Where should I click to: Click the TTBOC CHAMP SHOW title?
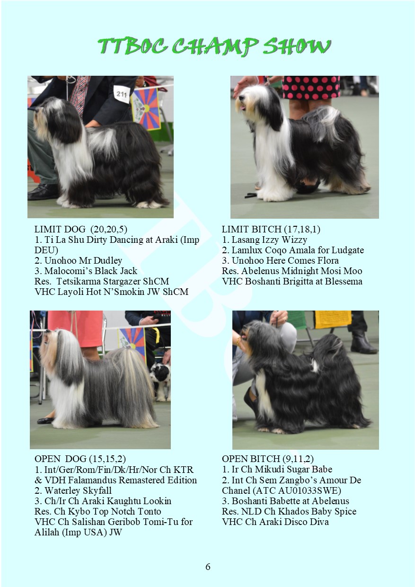point(214,47)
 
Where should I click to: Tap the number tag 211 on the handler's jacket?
point(122,94)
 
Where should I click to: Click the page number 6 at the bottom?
point(208,567)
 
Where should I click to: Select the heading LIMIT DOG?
point(60,229)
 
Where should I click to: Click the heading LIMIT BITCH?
point(252,229)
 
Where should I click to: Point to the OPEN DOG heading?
point(60,459)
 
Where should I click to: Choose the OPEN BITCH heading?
point(251,459)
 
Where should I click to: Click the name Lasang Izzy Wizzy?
point(269,240)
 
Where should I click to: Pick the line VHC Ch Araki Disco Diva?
point(275,522)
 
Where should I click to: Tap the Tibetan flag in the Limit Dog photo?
point(146,108)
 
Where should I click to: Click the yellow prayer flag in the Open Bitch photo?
point(333,320)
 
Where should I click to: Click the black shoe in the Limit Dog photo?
point(44,192)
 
